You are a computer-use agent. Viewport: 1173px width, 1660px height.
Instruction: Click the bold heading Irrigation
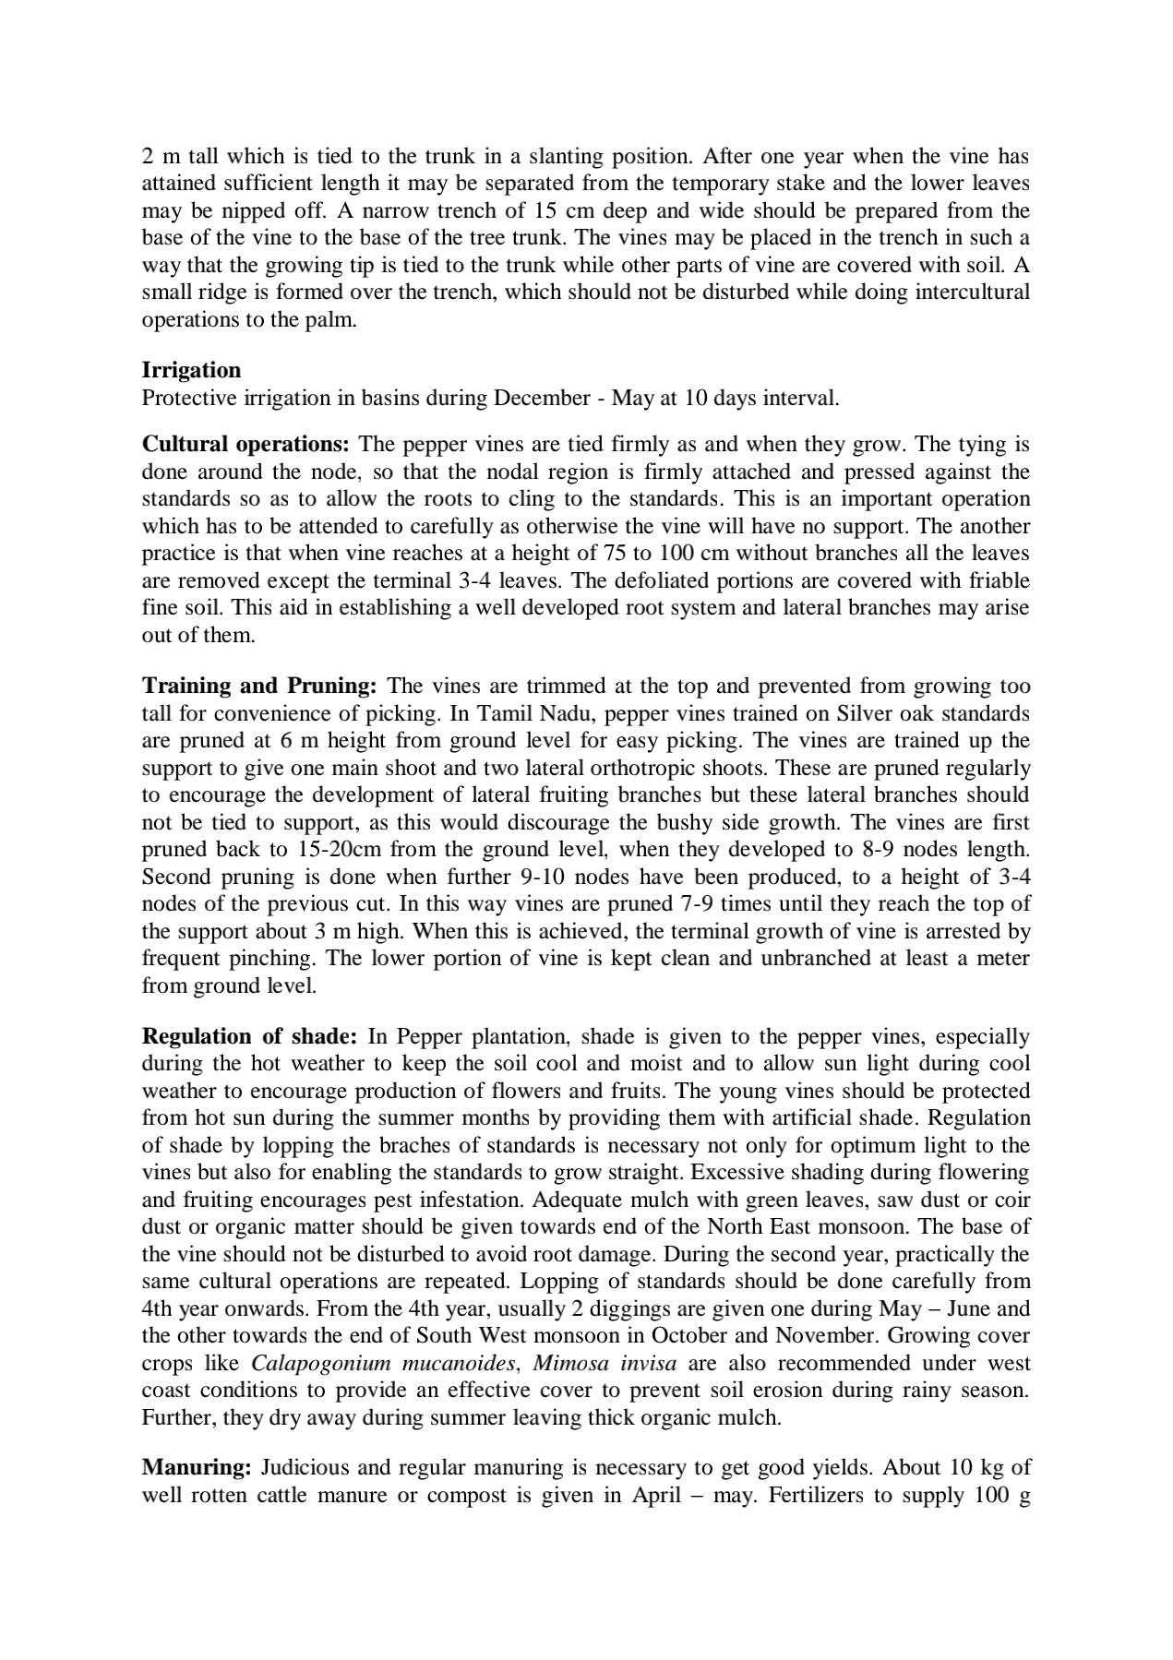click(191, 370)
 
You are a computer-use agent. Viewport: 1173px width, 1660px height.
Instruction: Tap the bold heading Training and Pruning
click(259, 686)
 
